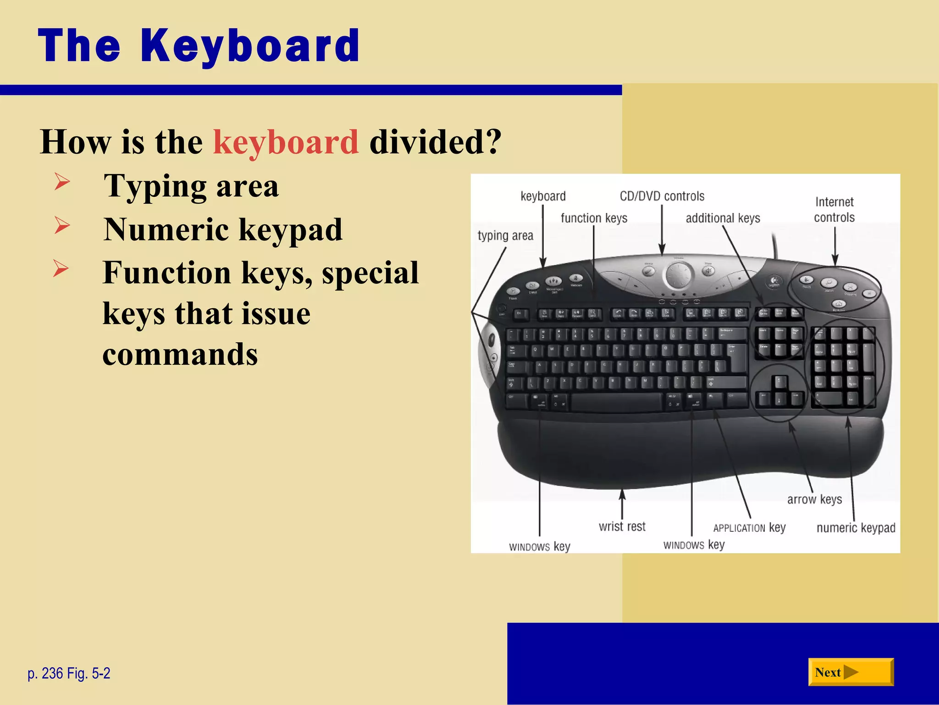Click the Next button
pyautogui.click(x=851, y=672)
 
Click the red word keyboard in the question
pyautogui.click(x=286, y=142)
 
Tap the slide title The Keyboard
pyautogui.click(x=199, y=45)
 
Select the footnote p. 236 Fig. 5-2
pyautogui.click(x=69, y=673)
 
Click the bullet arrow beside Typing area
pyautogui.click(x=62, y=182)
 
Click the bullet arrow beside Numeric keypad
pyautogui.click(x=62, y=225)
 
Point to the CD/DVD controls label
pyautogui.click(x=662, y=196)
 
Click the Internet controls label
pyautogui.click(x=834, y=209)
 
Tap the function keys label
pyautogui.click(x=594, y=218)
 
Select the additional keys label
pyautogui.click(x=723, y=218)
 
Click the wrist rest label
pyautogui.click(x=622, y=526)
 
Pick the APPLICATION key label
pyautogui.click(x=749, y=528)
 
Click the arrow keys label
pyautogui.click(x=814, y=499)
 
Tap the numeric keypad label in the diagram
pyautogui.click(x=856, y=528)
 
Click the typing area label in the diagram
pyautogui.click(x=505, y=235)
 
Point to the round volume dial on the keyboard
pyautogui.click(x=678, y=275)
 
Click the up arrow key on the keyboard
pyautogui.click(x=779, y=382)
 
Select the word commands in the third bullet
pyautogui.click(x=180, y=355)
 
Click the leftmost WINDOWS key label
pyautogui.click(x=539, y=547)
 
